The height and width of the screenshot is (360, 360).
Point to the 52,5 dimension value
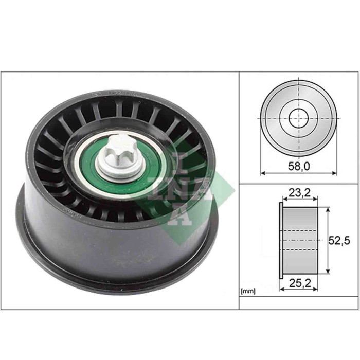(339, 240)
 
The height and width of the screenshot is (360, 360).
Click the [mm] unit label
(248, 292)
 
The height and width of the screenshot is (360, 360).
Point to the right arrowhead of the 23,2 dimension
(314, 200)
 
